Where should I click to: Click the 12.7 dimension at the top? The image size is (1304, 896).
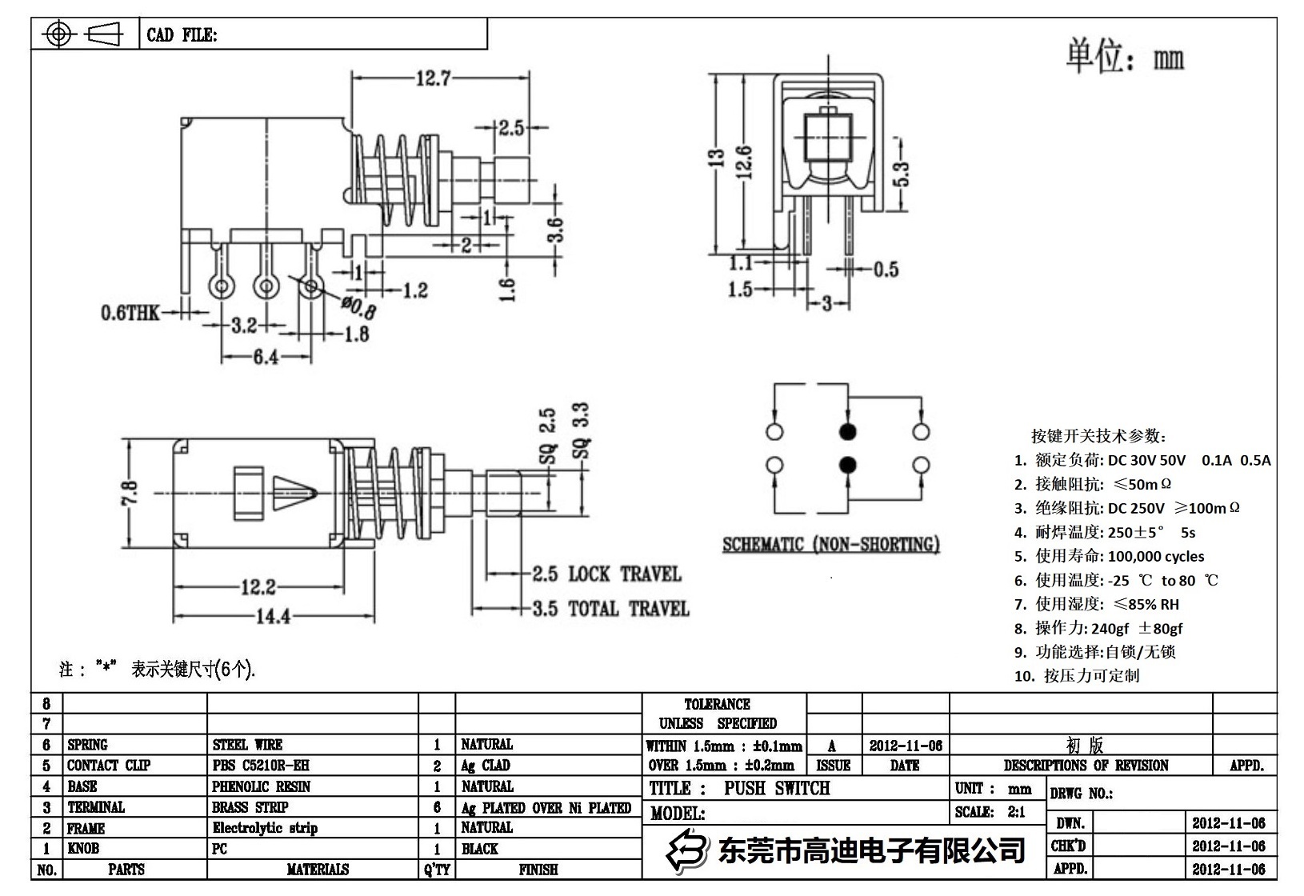(x=433, y=78)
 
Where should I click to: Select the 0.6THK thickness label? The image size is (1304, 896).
(x=130, y=313)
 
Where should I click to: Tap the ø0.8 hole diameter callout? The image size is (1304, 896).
(x=358, y=306)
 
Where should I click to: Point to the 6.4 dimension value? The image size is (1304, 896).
(x=266, y=357)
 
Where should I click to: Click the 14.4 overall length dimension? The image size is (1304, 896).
(x=273, y=617)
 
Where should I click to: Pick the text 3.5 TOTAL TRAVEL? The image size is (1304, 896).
(x=611, y=609)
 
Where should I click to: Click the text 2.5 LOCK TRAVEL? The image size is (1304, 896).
(x=607, y=574)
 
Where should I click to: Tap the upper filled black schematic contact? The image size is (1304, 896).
(x=848, y=432)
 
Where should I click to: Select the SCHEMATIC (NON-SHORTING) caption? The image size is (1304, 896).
(x=830, y=545)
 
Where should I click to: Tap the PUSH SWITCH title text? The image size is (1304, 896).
(x=777, y=789)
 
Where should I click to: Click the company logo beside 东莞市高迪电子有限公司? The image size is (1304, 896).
(x=689, y=850)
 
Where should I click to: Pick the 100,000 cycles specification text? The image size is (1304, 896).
(x=1155, y=556)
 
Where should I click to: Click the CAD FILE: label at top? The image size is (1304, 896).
(x=182, y=35)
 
